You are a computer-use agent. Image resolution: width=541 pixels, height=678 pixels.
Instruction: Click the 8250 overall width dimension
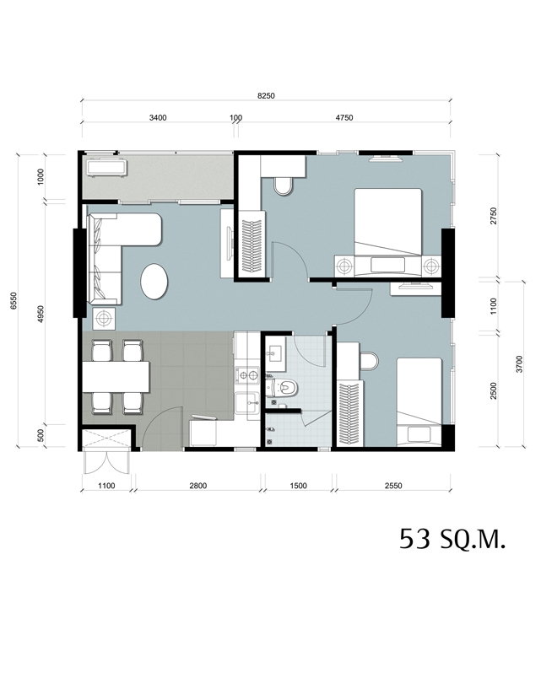click(x=266, y=95)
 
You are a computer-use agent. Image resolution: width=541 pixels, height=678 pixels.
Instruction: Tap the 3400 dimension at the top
click(x=158, y=117)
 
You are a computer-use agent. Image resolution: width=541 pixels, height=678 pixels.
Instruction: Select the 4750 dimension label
click(x=344, y=117)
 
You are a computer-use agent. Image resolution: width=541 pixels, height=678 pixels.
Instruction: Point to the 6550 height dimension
click(x=14, y=300)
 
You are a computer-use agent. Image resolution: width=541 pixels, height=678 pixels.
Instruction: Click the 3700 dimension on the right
click(x=519, y=364)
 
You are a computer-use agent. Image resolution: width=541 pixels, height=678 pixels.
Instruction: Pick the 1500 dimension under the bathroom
click(x=298, y=486)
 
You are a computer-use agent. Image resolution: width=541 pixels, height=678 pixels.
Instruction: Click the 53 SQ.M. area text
click(x=452, y=539)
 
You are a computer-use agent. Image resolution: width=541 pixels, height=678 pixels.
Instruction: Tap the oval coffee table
click(x=154, y=281)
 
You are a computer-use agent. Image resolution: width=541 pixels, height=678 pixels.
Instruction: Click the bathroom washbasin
click(x=274, y=352)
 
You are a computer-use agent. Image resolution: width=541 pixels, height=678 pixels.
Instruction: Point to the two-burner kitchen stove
click(x=247, y=375)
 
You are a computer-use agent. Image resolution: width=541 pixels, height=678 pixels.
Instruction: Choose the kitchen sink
click(x=247, y=403)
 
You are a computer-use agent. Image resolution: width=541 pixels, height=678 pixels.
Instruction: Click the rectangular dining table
click(x=116, y=377)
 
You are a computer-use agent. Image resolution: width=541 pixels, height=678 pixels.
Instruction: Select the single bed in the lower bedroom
click(x=419, y=401)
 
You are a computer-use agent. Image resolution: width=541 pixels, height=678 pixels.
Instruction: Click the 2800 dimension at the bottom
click(x=197, y=486)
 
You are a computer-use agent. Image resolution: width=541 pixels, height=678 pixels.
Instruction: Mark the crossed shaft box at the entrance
click(x=106, y=439)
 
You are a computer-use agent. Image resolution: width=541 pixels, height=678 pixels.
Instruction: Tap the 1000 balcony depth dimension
click(x=41, y=177)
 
